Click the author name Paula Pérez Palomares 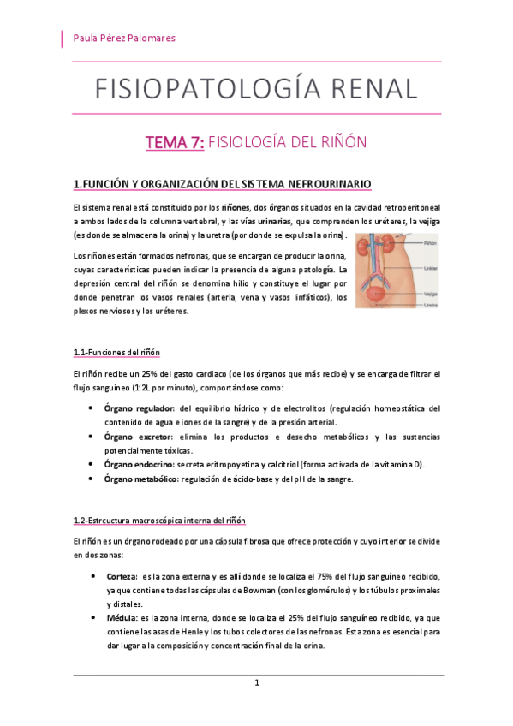126,38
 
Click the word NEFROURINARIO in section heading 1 327,184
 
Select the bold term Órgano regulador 140,408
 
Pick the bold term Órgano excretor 137,437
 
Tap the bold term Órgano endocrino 140,465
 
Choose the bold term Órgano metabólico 141,479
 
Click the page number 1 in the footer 256,682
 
